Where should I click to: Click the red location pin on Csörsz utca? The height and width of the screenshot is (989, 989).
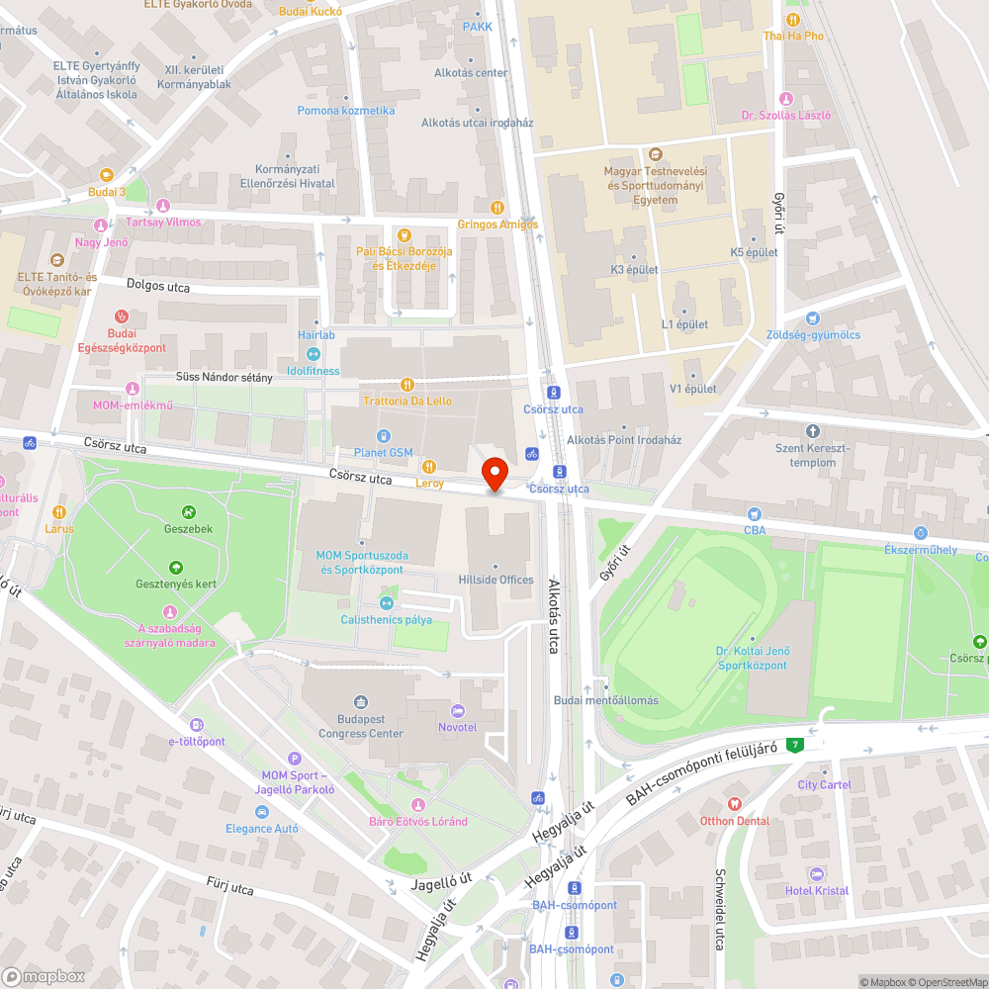click(x=494, y=472)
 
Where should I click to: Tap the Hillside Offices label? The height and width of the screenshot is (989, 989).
click(x=495, y=580)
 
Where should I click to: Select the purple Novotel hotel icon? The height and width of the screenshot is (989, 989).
click(x=457, y=711)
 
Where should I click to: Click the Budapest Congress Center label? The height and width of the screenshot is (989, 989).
click(x=361, y=727)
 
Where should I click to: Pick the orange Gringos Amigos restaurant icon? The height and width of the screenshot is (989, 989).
click(x=496, y=208)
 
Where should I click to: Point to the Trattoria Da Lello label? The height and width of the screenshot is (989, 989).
click(x=407, y=401)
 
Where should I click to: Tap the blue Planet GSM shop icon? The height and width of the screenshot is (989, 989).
click(x=385, y=436)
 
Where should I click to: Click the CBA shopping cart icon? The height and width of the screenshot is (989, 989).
click(x=755, y=513)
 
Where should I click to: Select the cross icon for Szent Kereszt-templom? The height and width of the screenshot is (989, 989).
click(x=813, y=431)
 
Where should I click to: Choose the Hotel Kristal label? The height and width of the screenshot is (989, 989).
click(x=817, y=890)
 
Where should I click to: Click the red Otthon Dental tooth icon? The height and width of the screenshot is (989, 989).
click(x=733, y=804)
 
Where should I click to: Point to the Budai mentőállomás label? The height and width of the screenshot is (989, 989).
click(x=605, y=700)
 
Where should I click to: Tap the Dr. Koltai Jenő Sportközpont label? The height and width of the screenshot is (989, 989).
click(x=752, y=658)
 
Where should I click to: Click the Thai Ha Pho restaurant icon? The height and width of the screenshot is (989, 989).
click(x=792, y=20)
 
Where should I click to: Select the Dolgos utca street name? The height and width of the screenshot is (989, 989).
click(x=158, y=286)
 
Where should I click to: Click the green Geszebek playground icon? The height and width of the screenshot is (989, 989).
click(x=188, y=512)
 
